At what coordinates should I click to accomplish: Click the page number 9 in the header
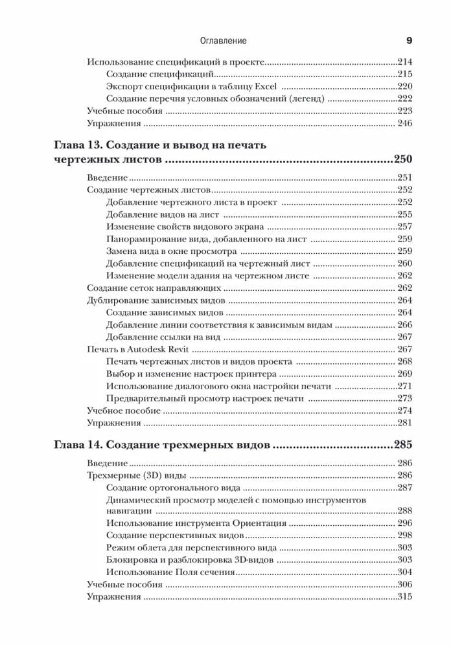[409, 41]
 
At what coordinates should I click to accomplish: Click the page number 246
[405, 123]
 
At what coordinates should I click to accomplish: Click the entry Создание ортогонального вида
[173, 488]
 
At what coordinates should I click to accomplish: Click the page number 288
[405, 511]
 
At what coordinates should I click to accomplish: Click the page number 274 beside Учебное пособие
[405, 411]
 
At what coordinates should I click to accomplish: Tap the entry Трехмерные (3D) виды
[128, 475]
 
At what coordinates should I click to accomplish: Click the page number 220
[405, 87]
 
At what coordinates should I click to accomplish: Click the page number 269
[405, 374]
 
